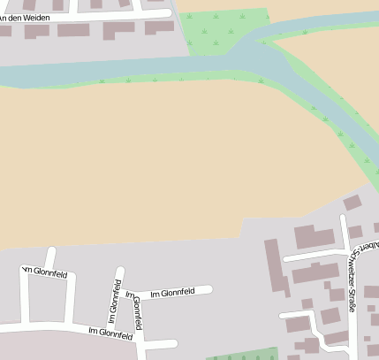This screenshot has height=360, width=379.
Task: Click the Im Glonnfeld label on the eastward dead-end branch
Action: click(x=171, y=293)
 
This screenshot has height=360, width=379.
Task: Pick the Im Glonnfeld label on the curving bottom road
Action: click(x=110, y=332)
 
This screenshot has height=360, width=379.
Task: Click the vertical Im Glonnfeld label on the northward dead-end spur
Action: click(x=115, y=301)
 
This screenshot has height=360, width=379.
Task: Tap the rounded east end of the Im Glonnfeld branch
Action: click(x=209, y=289)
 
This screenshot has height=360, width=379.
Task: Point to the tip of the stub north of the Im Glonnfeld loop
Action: click(x=51, y=251)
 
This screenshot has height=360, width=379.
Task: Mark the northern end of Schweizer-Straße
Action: click(x=343, y=218)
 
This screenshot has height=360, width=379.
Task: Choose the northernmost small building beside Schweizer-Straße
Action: click(x=352, y=203)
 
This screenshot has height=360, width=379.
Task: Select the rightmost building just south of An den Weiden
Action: click(x=159, y=27)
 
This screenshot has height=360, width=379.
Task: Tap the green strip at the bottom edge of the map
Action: click(x=243, y=355)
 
